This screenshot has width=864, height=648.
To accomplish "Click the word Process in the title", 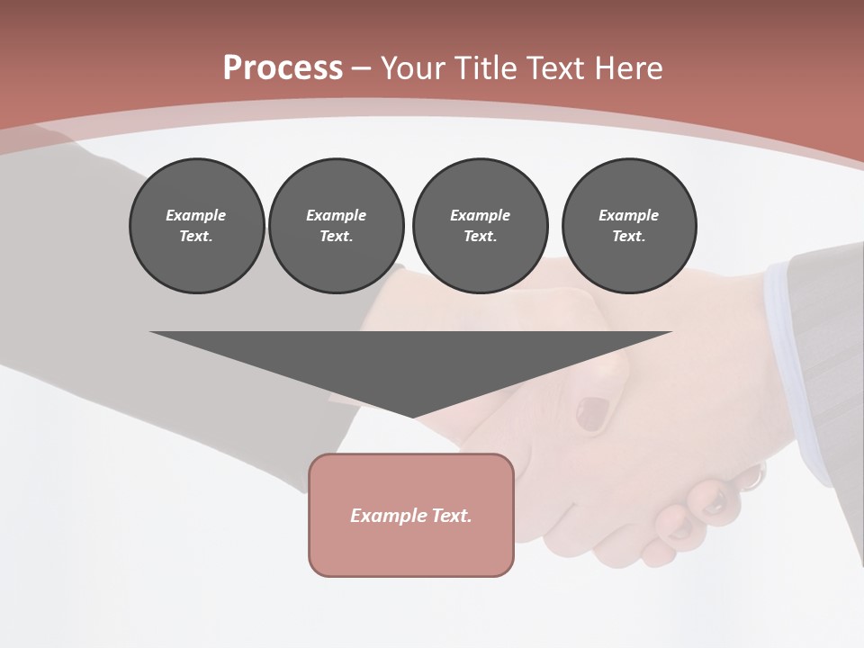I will pyautogui.click(x=283, y=68).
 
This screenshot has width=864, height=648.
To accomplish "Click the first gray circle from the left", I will pyautogui.click(x=196, y=226).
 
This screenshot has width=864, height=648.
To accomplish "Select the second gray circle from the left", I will pyautogui.click(x=337, y=226).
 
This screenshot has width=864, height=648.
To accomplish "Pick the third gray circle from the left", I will pyautogui.click(x=481, y=226).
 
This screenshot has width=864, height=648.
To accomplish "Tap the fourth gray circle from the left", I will pyautogui.click(x=629, y=226).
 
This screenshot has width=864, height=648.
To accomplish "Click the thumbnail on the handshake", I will pyautogui.click(x=592, y=413).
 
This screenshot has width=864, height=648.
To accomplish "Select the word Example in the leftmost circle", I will pyautogui.click(x=196, y=215).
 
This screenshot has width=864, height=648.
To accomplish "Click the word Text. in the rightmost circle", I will pyautogui.click(x=629, y=236).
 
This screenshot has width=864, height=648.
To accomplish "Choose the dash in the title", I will pyautogui.click(x=361, y=68).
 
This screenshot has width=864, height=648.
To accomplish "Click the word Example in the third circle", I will pyautogui.click(x=481, y=215).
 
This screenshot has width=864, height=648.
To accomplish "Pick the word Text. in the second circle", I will pyautogui.click(x=337, y=236).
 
